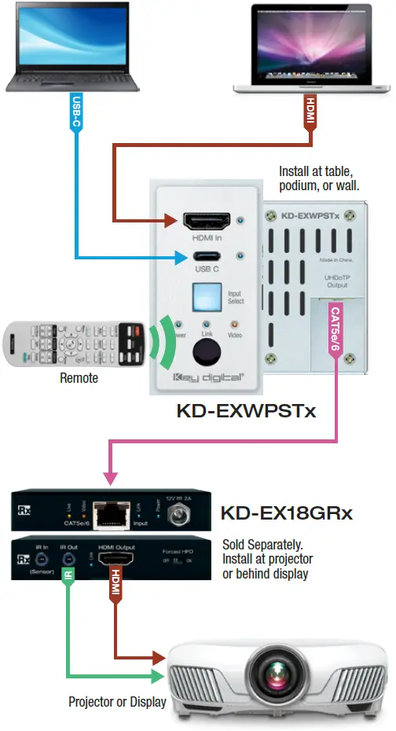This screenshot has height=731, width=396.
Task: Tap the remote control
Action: (74, 343)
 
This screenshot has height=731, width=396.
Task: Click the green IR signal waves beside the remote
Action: (163, 343)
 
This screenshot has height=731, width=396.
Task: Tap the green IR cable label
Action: (68, 580)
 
